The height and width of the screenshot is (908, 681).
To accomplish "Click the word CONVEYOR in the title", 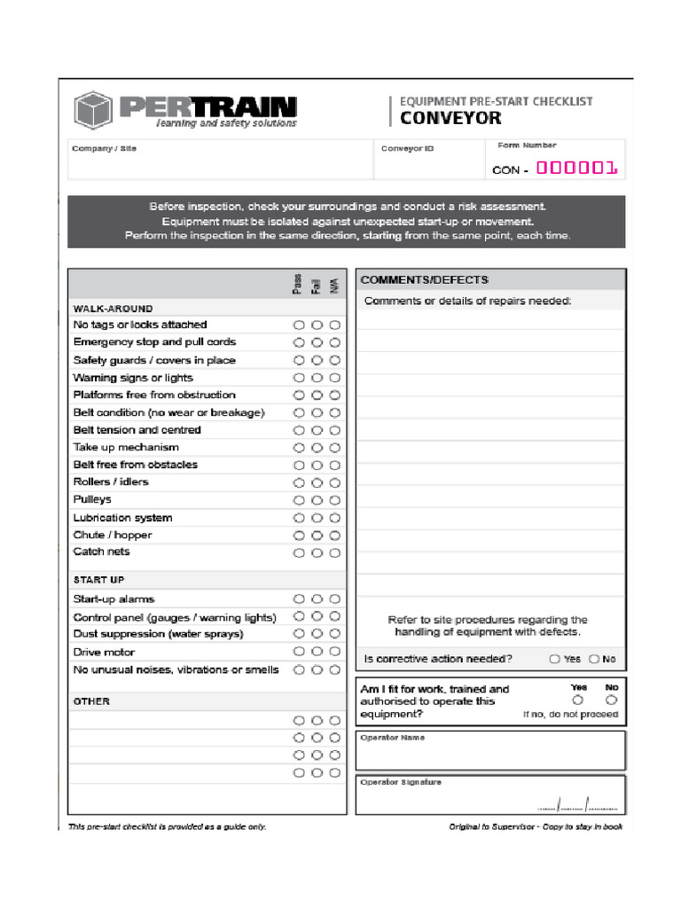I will pyautogui.click(x=450, y=118).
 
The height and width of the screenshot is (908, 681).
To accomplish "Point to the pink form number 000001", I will pyautogui.click(x=576, y=168).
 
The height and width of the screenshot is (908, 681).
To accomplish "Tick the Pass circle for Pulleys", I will pyautogui.click(x=299, y=500).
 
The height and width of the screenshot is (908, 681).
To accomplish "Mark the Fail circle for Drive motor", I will pyautogui.click(x=317, y=653).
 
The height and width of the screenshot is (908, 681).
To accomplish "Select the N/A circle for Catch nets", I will pyautogui.click(x=334, y=552).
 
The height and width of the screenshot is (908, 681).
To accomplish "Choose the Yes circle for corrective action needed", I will pyautogui.click(x=554, y=659).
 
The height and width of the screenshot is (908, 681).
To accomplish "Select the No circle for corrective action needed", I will pyautogui.click(x=594, y=659).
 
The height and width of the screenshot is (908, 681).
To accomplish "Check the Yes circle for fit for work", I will pyautogui.click(x=579, y=701).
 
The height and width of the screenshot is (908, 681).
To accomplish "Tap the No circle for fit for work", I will pyautogui.click(x=611, y=701).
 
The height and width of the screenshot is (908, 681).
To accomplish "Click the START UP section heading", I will pyautogui.click(x=98, y=580).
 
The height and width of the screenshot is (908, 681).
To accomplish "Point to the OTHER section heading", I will pyautogui.click(x=91, y=701).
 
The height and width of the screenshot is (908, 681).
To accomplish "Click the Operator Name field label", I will pyautogui.click(x=392, y=738).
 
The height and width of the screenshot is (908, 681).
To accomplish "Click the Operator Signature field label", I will pyautogui.click(x=400, y=782).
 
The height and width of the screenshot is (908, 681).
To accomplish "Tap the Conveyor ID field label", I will pyautogui.click(x=407, y=149).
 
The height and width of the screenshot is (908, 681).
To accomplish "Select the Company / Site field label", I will pyautogui.click(x=105, y=149).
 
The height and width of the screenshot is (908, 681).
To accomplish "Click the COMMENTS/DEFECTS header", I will pyautogui.click(x=424, y=279).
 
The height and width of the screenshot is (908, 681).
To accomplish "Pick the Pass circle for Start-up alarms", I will pyautogui.click(x=299, y=599).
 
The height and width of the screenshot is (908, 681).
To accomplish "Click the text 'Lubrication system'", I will pyautogui.click(x=122, y=518).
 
